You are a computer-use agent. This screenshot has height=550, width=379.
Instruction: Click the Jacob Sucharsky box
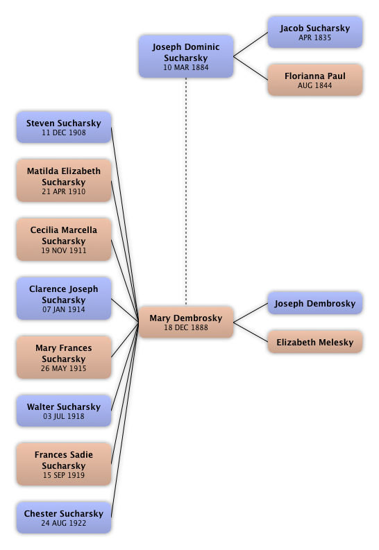point(314,32)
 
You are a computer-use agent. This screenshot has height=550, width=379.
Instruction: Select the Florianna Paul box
point(314,80)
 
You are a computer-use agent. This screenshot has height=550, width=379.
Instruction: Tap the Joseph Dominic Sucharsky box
point(186,56)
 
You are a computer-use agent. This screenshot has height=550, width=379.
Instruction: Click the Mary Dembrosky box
point(186,322)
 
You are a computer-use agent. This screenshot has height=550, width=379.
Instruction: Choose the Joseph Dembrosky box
point(314,303)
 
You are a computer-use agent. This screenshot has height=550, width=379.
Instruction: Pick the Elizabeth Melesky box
point(314,342)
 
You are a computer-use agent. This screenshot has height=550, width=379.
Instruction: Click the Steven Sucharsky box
point(64,127)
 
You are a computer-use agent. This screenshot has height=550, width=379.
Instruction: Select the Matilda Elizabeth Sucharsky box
point(64,180)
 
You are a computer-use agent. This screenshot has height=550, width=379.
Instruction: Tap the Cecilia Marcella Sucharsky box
point(64,239)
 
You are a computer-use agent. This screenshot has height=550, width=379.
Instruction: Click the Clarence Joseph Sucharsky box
point(64,298)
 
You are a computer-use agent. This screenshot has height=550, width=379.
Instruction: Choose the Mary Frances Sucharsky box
point(64,357)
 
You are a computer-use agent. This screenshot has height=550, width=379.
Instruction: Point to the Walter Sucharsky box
point(64,411)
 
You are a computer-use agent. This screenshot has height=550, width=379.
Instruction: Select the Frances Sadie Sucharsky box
point(64,464)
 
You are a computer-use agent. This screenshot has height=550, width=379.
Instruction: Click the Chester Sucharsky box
point(64,517)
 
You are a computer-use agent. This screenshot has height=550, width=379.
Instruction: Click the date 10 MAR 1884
point(186,67)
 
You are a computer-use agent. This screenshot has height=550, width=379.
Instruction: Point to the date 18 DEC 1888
point(186,327)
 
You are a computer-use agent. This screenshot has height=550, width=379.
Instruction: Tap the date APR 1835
point(314,37)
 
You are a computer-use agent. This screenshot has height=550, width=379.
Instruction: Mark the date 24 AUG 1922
point(64,523)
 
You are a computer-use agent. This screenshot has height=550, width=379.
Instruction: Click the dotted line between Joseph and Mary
point(186,192)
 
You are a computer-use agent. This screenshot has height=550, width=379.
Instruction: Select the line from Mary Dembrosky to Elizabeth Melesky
point(251,332)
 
